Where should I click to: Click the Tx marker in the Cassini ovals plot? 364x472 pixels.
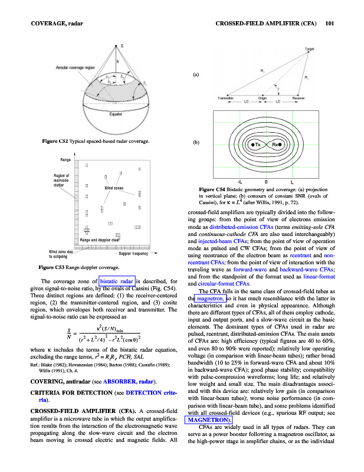point(255,144)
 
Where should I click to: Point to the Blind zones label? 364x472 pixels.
point(114,187)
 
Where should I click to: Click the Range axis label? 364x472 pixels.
point(65,160)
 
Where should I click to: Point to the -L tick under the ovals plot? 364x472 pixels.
point(238,181)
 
